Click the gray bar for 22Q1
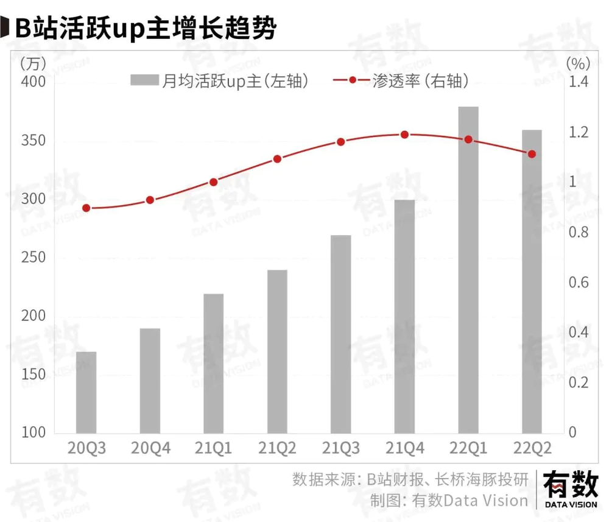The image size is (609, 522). (468, 269)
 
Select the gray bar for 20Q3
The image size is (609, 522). (86, 392)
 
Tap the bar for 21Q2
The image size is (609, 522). (277, 351)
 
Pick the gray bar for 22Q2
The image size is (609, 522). (532, 281)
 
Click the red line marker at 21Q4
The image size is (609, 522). (404, 135)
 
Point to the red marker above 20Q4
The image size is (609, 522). (150, 200)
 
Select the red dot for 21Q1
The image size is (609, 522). (213, 182)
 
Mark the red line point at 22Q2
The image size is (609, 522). (532, 154)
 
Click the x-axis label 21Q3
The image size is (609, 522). (341, 450)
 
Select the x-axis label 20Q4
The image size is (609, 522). (150, 450)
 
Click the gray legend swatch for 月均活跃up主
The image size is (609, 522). (144, 81)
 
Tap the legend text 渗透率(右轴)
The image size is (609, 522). (421, 81)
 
